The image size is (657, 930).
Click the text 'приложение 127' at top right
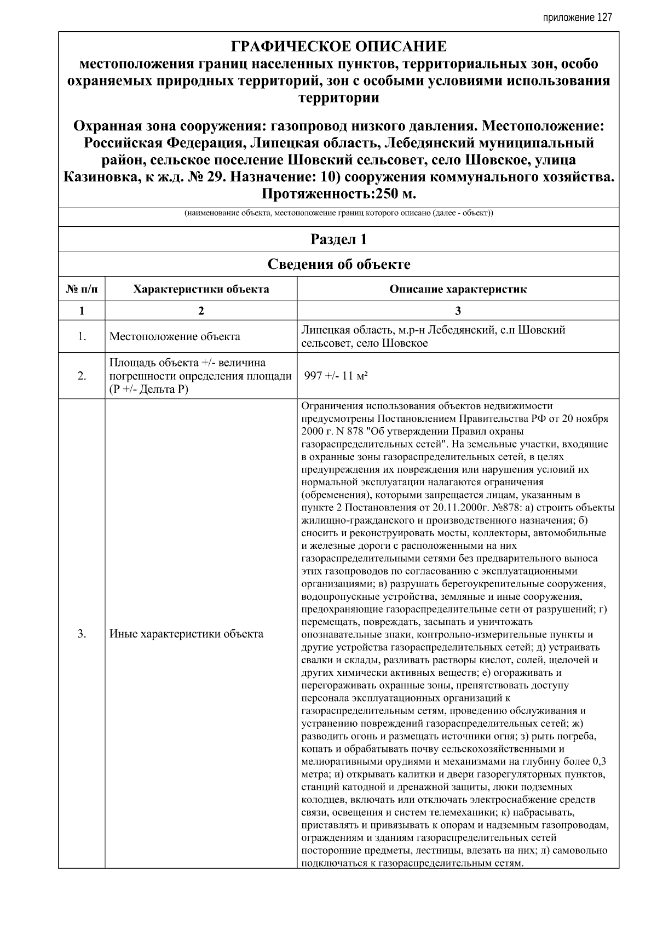[577, 18]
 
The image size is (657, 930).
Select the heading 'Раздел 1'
[338, 239]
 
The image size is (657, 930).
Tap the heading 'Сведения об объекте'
[338, 265]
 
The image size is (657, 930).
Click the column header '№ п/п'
[82, 289]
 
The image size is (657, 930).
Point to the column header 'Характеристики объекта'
[201, 289]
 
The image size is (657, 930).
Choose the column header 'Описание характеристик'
[458, 289]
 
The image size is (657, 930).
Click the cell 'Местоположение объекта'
[175, 336]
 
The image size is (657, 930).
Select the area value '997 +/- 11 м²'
[336, 376]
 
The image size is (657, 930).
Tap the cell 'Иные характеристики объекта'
[186, 634]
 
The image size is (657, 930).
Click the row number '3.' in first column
[82, 634]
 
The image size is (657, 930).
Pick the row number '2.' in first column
[82, 376]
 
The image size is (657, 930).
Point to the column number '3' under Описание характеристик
[458, 311]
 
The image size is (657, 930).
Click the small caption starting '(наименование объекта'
[338, 213]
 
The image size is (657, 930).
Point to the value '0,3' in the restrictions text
[599, 761]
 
